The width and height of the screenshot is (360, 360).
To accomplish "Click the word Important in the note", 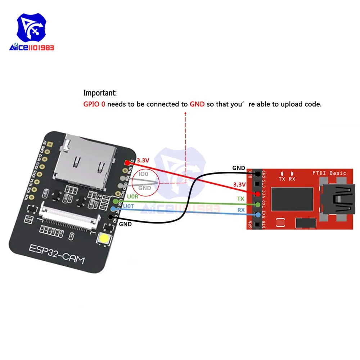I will coord(100,93).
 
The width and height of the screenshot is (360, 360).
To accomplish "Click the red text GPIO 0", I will coord(95,104).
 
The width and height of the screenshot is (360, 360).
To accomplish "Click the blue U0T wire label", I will coord(129,207).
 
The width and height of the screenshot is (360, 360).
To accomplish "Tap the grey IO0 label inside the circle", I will coord(144,174).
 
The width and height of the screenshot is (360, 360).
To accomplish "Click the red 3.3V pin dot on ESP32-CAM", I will coord(127,163).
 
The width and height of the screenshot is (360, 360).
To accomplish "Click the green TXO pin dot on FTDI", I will coord(258,204).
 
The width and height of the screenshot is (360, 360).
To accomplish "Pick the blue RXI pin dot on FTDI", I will coord(258,215).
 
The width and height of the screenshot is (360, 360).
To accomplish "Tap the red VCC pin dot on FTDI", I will coord(258,194).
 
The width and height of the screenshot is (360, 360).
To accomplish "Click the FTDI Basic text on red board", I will coord(329,173).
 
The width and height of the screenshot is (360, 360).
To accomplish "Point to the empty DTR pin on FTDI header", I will coord(258,225).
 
